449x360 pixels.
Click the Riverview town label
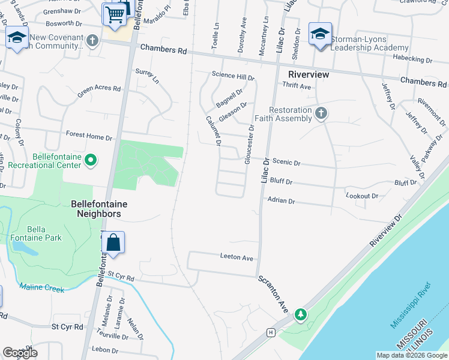pos(309,74)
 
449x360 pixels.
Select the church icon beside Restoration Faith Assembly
pos(321,113)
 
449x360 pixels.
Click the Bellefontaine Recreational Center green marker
pos(91,160)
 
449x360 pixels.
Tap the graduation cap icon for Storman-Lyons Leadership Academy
pos(320,34)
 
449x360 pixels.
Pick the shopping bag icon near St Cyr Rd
pos(113,243)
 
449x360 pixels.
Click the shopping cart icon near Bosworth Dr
pos(113,14)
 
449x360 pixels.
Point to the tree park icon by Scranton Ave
pos(301,314)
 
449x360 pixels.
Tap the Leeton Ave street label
pos(237,257)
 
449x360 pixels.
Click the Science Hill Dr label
pos(233,76)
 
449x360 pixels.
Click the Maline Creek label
pos(41,289)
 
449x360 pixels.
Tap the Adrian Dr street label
pos(281,201)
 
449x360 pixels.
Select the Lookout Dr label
pos(362,196)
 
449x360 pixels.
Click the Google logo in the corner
pos(20,352)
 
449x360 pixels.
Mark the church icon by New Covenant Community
pos(92,41)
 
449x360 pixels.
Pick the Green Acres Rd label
pos(99,91)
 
